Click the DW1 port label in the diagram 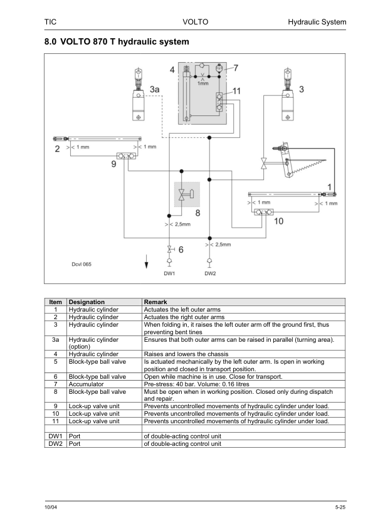169,273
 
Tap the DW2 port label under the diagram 210,273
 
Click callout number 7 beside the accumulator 236,68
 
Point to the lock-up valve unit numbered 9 126,156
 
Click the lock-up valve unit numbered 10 263,212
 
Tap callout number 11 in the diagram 237,91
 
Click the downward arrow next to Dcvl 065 147,261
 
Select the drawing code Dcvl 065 81,265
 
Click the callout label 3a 154,89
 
